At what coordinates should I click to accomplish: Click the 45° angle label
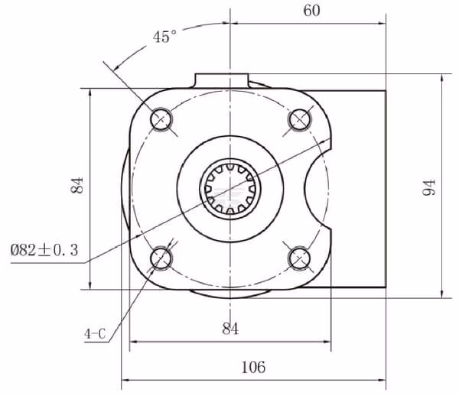tap(164, 36)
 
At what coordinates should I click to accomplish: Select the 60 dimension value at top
tap(311, 11)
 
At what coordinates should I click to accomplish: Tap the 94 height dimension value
tap(429, 187)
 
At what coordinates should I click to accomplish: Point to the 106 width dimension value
tap(253, 367)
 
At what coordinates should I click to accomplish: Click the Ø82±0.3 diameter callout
tap(44, 250)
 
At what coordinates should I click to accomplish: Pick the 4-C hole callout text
tap(95, 334)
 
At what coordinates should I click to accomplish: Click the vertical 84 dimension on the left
tap(77, 185)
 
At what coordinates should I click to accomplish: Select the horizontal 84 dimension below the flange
tap(230, 329)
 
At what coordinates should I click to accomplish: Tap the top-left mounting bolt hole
tap(161, 119)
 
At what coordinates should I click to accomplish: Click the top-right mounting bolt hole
tap(299, 119)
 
